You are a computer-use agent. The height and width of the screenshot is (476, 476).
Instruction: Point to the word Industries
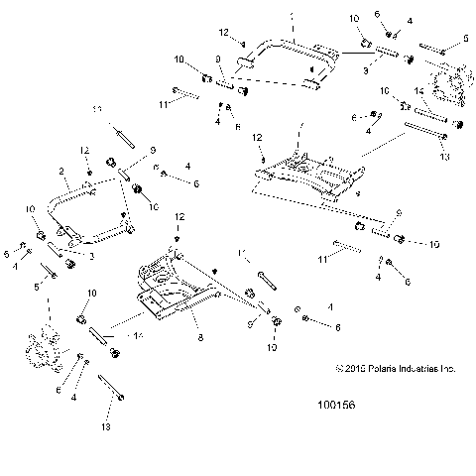[x=407, y=368]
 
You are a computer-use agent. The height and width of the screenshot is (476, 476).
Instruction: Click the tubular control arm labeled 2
[x=94, y=203]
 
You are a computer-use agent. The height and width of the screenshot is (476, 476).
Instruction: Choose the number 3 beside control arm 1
[x=366, y=71]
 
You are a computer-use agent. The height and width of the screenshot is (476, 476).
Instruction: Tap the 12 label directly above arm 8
[x=179, y=215]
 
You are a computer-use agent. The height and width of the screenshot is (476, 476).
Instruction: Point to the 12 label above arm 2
[x=85, y=149]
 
